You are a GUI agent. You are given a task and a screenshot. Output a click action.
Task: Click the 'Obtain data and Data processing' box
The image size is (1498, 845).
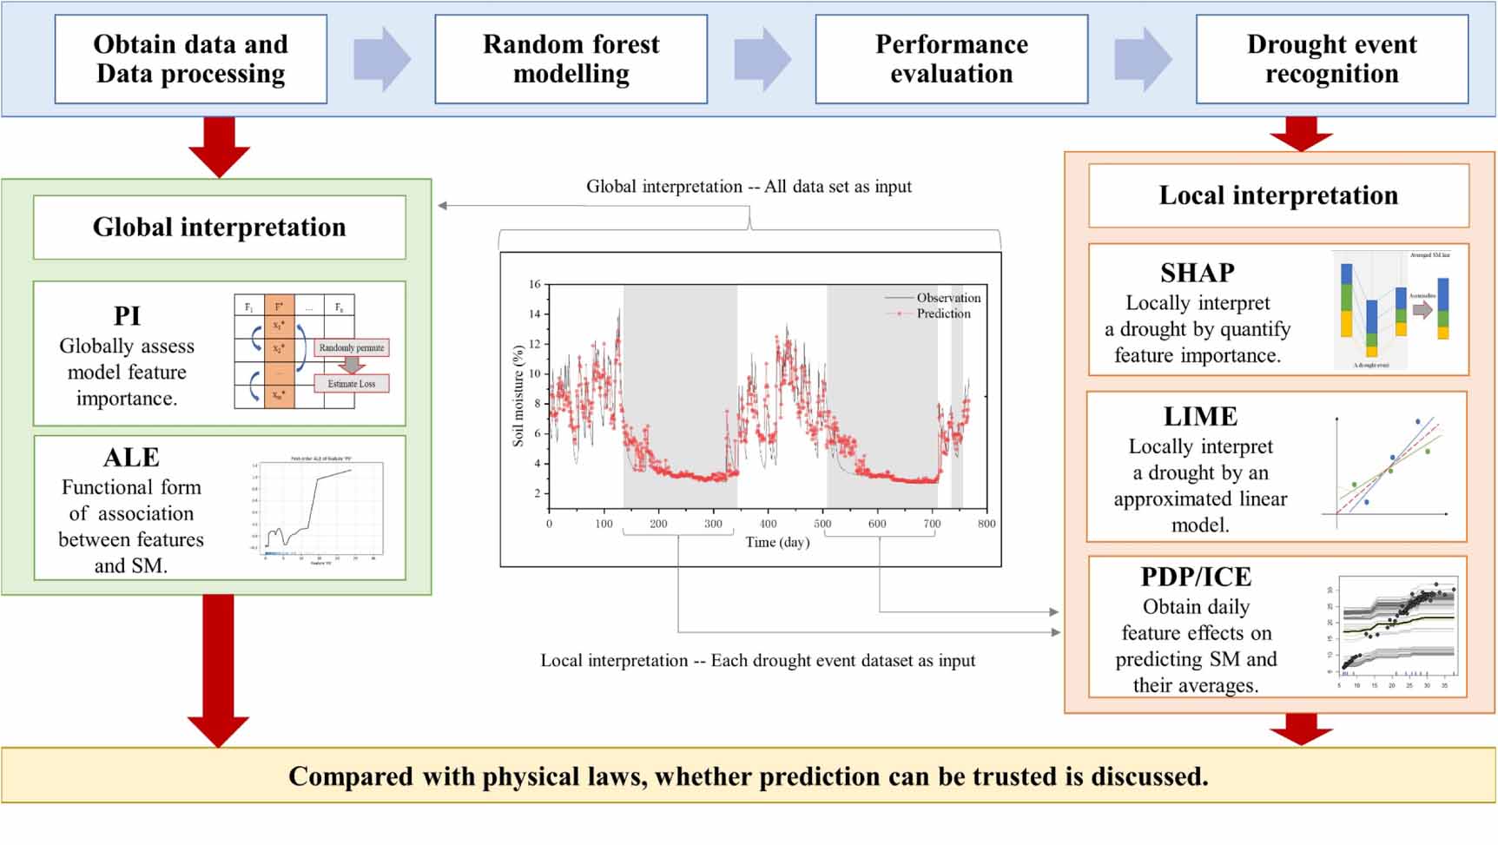pyautogui.click(x=190, y=59)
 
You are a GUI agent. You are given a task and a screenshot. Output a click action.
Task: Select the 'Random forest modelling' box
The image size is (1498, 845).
pyautogui.click(x=571, y=59)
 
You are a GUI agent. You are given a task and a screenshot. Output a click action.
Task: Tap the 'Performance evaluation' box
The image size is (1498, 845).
pyautogui.click(x=951, y=59)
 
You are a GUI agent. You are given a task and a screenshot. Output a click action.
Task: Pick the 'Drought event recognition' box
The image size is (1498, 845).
pyautogui.click(x=1331, y=59)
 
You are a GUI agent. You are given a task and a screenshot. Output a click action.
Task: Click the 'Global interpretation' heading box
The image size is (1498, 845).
pyautogui.click(x=219, y=228)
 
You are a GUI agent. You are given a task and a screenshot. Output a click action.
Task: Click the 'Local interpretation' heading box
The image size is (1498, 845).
pyautogui.click(x=1278, y=195)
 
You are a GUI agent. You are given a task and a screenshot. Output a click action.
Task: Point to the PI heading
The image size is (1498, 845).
pyautogui.click(x=127, y=316)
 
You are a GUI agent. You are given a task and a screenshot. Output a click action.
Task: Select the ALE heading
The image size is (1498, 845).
pyautogui.click(x=131, y=458)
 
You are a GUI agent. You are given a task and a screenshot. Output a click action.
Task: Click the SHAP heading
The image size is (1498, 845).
pyautogui.click(x=1197, y=273)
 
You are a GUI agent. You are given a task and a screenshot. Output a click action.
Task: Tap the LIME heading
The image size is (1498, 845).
pyautogui.click(x=1200, y=417)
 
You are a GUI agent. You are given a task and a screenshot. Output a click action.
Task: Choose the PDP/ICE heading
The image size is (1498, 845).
pyautogui.click(x=1196, y=578)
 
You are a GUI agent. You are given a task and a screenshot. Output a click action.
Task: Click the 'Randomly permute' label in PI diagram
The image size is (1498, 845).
pyautogui.click(x=351, y=347)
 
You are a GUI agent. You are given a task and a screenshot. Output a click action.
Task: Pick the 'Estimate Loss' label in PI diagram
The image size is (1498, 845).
pyautogui.click(x=351, y=384)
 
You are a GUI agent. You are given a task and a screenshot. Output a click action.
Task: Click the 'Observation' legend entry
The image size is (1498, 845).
pyautogui.click(x=948, y=298)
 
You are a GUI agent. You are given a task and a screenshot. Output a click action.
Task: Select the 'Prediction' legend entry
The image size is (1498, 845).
pyautogui.click(x=943, y=314)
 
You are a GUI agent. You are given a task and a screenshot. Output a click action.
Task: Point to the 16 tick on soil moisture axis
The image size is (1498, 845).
pyautogui.click(x=535, y=284)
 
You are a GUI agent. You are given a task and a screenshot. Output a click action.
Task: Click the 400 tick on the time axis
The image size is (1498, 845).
pyautogui.click(x=768, y=524)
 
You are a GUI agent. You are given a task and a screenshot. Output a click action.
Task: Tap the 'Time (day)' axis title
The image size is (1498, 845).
pyautogui.click(x=777, y=542)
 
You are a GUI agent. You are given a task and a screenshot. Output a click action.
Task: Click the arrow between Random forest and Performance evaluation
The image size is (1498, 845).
pyautogui.click(x=762, y=59)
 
